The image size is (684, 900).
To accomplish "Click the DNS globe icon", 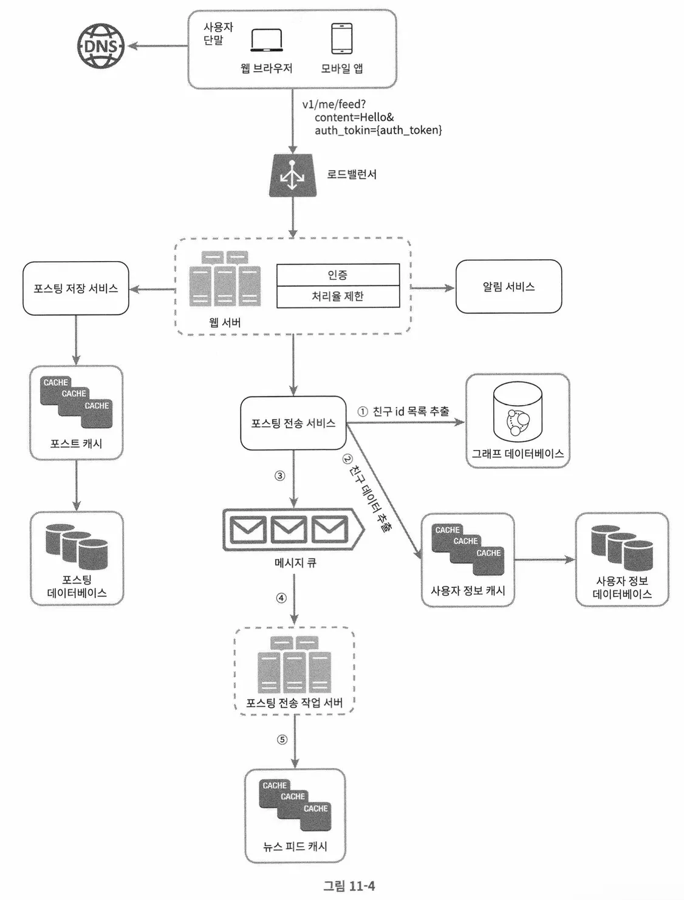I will (x=101, y=46).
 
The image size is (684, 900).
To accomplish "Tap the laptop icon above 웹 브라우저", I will (x=266, y=41).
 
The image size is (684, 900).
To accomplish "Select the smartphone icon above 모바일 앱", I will (x=341, y=39).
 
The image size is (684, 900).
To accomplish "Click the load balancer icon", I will (x=292, y=176).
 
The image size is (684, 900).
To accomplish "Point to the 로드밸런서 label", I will (x=352, y=174).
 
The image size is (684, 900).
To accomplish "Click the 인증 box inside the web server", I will (x=338, y=274).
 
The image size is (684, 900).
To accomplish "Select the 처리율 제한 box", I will (x=338, y=296).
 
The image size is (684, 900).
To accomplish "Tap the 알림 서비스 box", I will (x=508, y=287).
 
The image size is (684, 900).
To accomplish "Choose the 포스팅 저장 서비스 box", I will (x=76, y=288).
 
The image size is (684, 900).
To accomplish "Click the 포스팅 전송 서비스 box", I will (x=293, y=423).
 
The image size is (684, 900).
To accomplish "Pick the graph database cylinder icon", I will (x=518, y=412).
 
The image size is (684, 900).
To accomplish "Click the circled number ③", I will (x=280, y=476).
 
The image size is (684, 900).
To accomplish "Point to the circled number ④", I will (x=281, y=598).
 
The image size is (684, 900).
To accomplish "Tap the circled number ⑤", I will (x=282, y=740).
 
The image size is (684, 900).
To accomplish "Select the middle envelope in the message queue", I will (x=289, y=529).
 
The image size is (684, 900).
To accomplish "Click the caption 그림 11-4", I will (x=349, y=885).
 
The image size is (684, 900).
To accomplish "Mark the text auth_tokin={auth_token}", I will (x=378, y=130).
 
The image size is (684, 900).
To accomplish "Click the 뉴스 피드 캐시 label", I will (x=295, y=846).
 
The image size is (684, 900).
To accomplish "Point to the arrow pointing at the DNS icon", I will (x=157, y=46).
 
